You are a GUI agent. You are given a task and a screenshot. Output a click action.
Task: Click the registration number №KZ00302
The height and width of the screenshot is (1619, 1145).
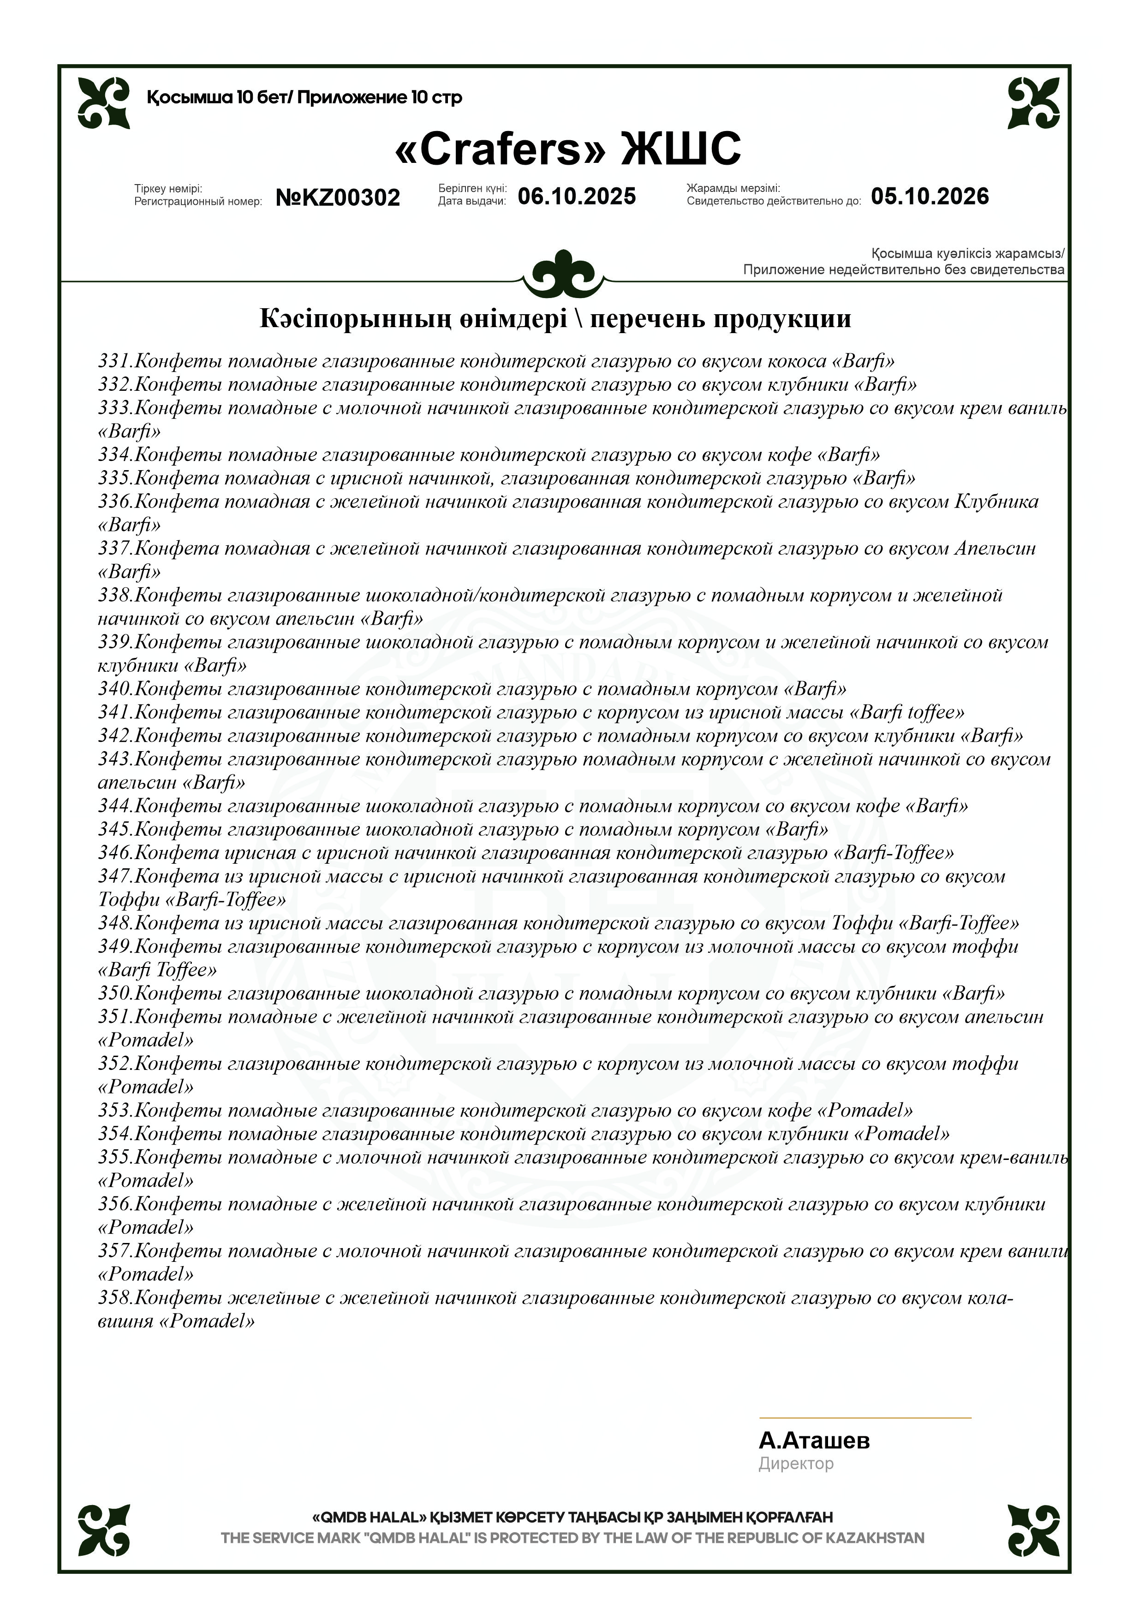(338, 197)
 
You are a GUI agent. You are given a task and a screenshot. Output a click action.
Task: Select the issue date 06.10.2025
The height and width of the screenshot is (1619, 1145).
(577, 196)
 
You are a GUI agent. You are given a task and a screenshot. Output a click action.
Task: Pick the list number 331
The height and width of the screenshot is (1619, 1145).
(114, 361)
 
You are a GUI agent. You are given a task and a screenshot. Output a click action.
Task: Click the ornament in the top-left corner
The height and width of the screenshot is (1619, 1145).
(104, 103)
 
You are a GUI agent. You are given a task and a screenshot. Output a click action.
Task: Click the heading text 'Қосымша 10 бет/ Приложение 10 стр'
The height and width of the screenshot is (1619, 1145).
(304, 97)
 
